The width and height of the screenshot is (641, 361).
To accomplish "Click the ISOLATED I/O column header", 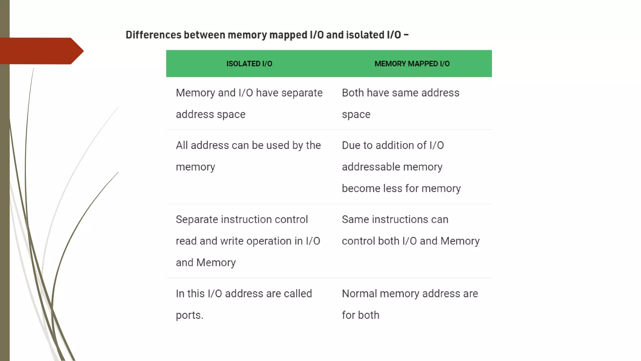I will (249, 64).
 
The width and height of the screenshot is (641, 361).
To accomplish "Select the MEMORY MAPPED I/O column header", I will (412, 64).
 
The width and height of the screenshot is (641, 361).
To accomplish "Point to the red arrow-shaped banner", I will (41, 51).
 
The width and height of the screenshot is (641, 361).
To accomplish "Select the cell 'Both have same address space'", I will (400, 103).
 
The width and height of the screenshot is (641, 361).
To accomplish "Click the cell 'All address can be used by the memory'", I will (248, 156).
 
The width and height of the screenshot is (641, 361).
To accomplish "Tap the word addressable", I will (371, 167).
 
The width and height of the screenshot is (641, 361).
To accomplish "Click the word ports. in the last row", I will (189, 315).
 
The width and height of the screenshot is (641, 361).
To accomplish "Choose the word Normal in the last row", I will (359, 294).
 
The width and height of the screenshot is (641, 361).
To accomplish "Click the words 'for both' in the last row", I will (360, 315).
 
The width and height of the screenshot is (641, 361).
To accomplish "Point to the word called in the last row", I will (298, 294).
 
